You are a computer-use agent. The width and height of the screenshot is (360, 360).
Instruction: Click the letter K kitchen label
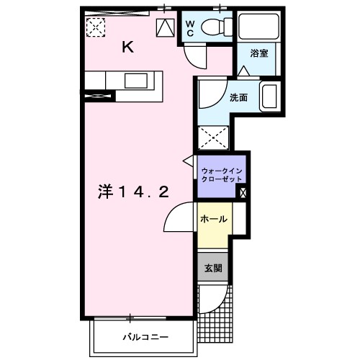[127, 48]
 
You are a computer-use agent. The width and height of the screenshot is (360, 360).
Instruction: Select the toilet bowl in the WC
[214, 28]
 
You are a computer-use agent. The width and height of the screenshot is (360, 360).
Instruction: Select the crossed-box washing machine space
[212, 138]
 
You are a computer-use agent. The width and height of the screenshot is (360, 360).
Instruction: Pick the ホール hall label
[214, 220]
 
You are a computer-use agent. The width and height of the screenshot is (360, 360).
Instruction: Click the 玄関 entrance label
[213, 268]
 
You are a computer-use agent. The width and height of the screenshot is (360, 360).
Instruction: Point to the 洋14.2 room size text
[134, 192]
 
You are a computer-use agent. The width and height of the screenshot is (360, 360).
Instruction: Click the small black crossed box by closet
[243, 192]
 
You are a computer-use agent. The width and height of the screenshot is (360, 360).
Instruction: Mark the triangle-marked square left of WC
[165, 27]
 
